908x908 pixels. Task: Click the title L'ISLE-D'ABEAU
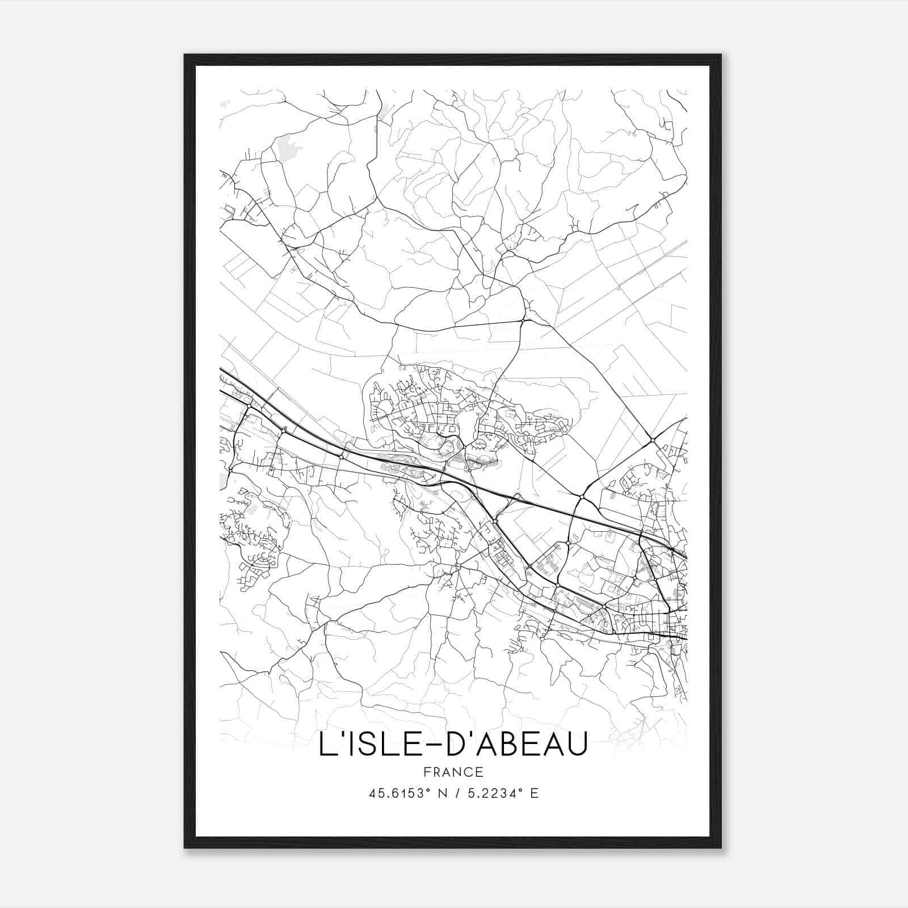453,744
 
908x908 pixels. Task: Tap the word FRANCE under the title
453,772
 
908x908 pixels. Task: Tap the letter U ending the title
575,744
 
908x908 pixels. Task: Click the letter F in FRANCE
427,772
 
